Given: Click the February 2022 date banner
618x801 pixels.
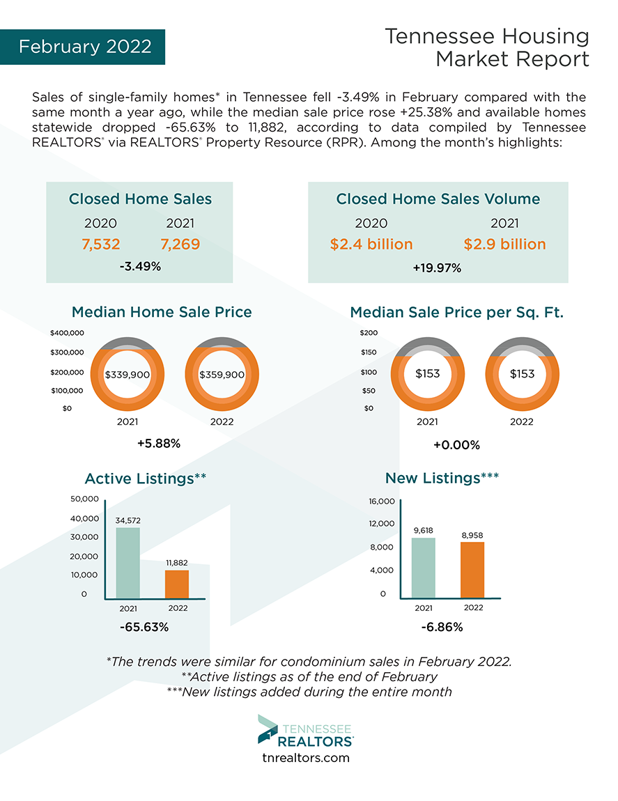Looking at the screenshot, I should tap(84, 47).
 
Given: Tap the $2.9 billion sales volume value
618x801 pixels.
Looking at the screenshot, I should tap(504, 244).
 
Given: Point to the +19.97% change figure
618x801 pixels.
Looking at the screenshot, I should tap(438, 267).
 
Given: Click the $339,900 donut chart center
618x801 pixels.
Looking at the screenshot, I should tap(128, 374).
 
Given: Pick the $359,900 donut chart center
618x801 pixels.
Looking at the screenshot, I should tap(222, 374).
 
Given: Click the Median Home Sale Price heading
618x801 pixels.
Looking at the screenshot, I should tap(162, 312).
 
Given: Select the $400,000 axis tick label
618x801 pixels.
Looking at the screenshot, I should tap(68, 333).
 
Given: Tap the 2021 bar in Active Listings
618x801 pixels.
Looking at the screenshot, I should tap(128, 562).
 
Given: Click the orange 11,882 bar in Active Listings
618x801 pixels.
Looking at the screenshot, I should tap(177, 584).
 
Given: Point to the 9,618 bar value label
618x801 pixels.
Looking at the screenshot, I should tap(424, 530).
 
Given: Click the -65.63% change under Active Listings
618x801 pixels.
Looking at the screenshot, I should tap(144, 627).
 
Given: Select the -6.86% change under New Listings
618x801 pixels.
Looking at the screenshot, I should tap(442, 627).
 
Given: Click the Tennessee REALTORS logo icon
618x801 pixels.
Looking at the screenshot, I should tap(268, 729).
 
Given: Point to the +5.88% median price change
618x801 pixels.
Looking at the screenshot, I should tap(159, 444).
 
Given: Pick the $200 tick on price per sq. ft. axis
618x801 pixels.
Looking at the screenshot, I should tap(369, 333).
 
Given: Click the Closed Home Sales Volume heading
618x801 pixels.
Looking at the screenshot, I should tap(438, 199).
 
